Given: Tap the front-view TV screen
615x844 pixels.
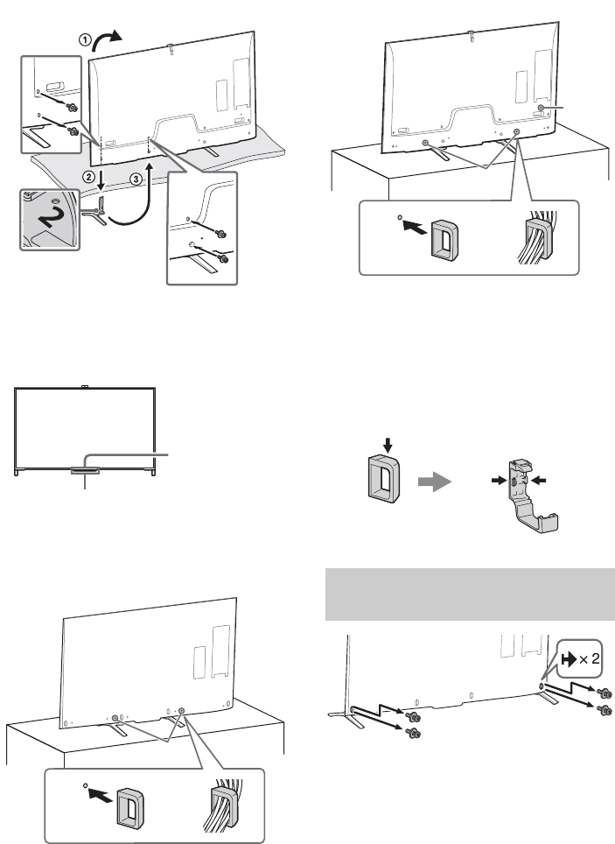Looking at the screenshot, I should [x=86, y=429].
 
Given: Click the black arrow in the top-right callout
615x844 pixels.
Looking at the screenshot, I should [x=410, y=229].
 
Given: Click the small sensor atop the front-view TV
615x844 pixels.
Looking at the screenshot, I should [x=84, y=385].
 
